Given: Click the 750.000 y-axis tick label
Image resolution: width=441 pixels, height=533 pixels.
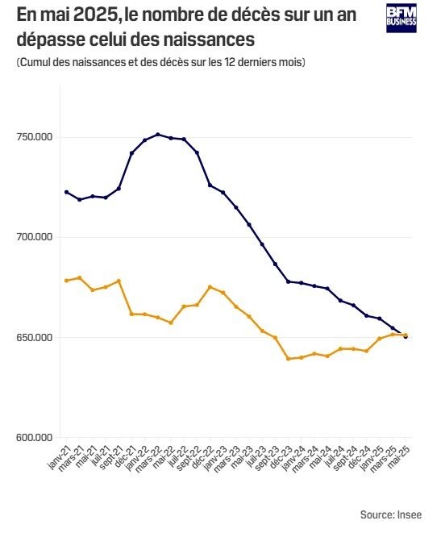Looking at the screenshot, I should tap(34, 137).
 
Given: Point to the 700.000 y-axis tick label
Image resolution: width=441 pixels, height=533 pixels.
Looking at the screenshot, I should tap(34, 237).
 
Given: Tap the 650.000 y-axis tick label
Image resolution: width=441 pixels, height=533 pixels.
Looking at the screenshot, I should tap(34, 337).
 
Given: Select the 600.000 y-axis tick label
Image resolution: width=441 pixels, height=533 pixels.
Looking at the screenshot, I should tap(34, 438).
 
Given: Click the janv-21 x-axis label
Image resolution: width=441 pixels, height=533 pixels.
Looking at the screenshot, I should tap(57, 458).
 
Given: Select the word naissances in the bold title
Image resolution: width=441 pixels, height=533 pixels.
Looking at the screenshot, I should tap(217, 38).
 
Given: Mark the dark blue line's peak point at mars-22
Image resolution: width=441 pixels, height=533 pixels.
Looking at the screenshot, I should tap(158, 135).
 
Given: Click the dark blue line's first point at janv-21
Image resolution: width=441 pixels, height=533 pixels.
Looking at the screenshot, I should tap(66, 192).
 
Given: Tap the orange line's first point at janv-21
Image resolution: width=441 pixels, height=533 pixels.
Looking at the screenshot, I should tap(66, 281).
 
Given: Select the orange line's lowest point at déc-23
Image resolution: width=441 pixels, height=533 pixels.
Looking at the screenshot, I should tap(288, 358).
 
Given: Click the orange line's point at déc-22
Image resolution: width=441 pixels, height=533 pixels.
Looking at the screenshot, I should tap(210, 287).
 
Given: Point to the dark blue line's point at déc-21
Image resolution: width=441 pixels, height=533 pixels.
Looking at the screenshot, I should tap(131, 153).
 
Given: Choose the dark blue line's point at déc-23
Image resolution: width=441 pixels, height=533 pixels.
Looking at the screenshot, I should tap(288, 281).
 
